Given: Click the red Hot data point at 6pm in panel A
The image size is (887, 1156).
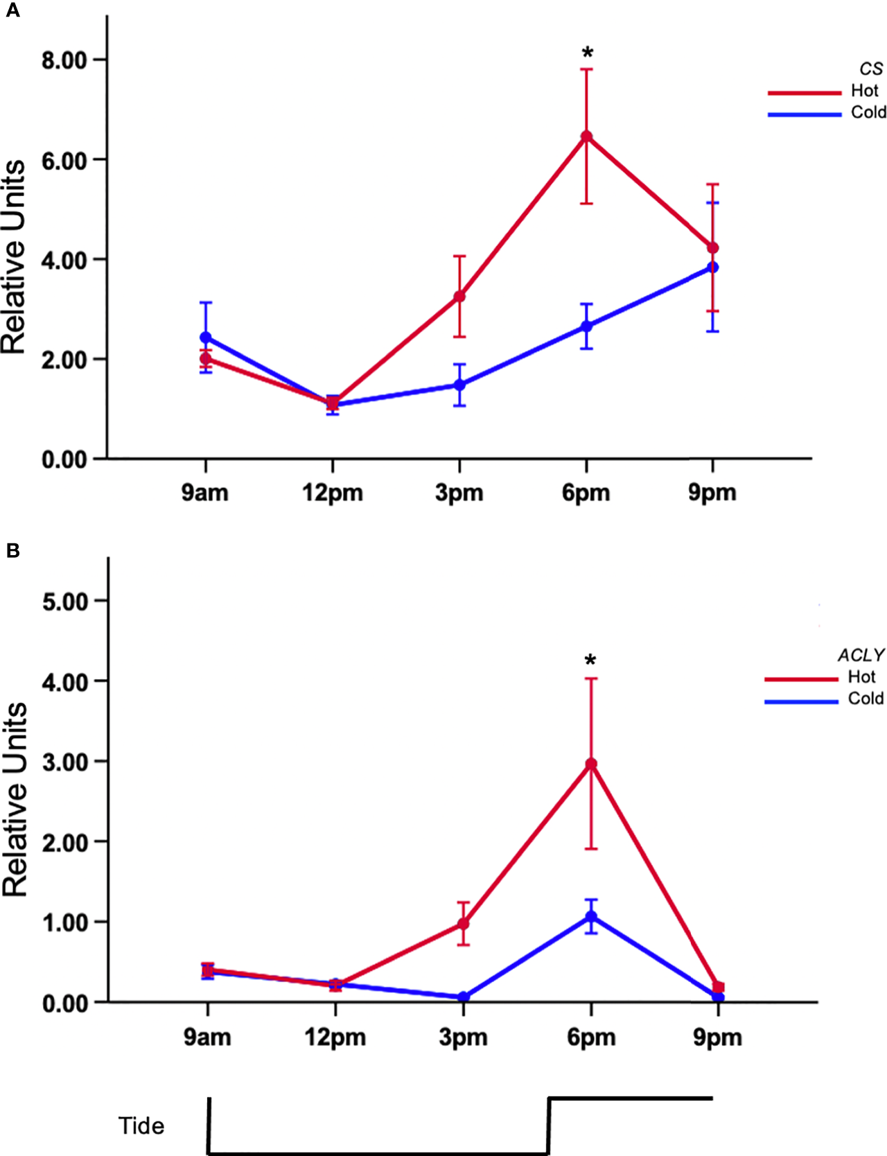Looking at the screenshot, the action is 586,137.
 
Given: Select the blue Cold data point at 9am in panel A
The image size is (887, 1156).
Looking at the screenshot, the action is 206,338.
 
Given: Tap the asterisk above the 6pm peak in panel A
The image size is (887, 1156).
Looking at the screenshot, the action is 588,53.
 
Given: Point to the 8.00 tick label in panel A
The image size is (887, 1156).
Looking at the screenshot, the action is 64,60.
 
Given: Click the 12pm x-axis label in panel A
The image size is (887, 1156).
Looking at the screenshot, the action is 333,493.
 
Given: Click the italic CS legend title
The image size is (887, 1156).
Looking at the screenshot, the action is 871,69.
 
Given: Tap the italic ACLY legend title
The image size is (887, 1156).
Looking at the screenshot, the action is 861,655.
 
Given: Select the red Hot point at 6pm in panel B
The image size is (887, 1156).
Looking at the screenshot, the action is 591,764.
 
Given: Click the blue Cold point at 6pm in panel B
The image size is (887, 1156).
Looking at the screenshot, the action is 591,917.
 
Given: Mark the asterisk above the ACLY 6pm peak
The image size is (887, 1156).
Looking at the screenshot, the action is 590,660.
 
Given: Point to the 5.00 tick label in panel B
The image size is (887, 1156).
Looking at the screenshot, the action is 64,602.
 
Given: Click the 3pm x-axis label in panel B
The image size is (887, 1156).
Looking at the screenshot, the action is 463,1037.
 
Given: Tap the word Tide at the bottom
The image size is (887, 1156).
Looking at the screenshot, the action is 141,1126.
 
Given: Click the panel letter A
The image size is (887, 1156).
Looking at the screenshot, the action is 12,11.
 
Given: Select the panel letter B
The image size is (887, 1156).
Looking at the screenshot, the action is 12,551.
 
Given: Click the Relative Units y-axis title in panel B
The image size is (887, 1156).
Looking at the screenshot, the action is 15,800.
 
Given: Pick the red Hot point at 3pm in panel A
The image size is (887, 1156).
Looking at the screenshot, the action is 459,297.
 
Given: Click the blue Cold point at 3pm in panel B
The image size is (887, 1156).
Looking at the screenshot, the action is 464,997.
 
